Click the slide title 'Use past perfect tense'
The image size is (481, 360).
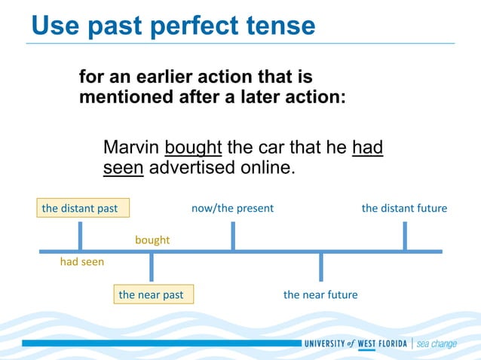173,26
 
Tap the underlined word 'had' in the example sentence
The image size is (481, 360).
367,147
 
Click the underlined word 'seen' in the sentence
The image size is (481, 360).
123,167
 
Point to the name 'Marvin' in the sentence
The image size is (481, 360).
131,147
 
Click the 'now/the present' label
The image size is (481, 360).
232,208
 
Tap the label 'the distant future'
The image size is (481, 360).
404,208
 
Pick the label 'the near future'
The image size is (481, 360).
320,294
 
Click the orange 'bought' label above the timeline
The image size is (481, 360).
152,240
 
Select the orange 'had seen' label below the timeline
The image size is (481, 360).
82,262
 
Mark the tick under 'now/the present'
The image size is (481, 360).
233,236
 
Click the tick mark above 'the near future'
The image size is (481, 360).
321,267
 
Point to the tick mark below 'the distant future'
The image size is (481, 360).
405,236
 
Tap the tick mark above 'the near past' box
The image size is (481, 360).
152,267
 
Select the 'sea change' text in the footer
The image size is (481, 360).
437,344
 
